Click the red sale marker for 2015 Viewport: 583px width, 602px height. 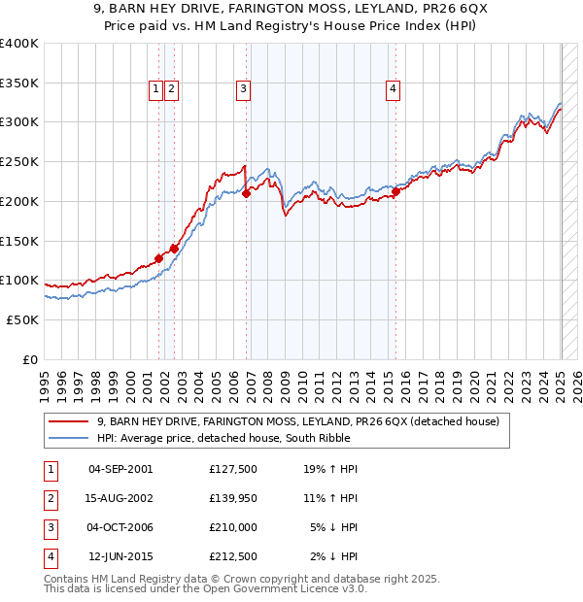point(396,192)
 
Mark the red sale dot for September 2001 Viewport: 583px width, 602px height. point(159,259)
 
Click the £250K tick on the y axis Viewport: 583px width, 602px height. point(19,161)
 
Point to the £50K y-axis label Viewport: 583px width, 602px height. point(22,319)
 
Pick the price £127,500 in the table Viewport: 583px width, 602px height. point(232,469)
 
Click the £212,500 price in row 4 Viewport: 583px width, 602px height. point(232,556)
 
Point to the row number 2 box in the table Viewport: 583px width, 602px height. point(50,498)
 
